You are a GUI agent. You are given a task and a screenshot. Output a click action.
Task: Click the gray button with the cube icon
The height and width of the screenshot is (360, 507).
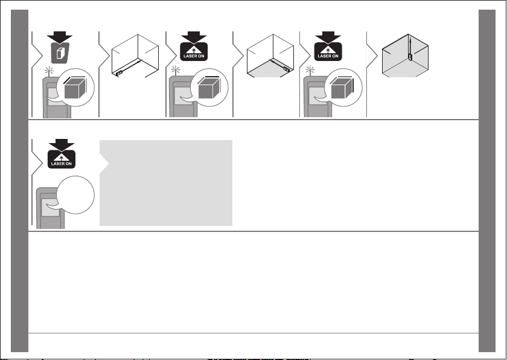click(x=60, y=53)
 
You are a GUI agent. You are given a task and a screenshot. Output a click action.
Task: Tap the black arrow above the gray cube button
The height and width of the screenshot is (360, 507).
click(x=60, y=37)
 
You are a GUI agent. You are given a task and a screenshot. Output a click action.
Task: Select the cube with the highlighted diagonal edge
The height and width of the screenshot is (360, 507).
click(x=75, y=88)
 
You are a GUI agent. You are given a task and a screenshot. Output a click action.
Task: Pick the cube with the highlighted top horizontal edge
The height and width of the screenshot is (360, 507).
click(x=209, y=88)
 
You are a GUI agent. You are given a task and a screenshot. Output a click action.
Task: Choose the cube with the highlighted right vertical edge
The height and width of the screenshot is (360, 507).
click(x=343, y=88)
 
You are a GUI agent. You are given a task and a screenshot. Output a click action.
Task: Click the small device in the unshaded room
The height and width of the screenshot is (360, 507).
click(x=119, y=72)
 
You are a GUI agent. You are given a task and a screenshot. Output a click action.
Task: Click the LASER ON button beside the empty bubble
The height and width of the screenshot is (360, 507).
click(x=62, y=160)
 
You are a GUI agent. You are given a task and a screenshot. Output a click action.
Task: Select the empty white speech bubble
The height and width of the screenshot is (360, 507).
click(x=75, y=194)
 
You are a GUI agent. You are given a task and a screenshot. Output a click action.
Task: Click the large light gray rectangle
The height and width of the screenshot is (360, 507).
click(x=166, y=183)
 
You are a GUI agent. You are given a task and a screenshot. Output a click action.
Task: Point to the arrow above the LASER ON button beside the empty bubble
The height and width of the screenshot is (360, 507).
click(x=62, y=144)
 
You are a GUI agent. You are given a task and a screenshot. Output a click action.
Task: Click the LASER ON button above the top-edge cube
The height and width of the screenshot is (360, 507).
click(x=194, y=52)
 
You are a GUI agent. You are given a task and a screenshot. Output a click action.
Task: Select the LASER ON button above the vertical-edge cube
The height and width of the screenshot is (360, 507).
click(x=328, y=52)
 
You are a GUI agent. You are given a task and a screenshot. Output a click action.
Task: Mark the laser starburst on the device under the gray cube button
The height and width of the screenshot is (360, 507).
click(x=49, y=71)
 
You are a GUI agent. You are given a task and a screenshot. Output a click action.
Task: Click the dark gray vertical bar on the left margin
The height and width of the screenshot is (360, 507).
click(x=20, y=181)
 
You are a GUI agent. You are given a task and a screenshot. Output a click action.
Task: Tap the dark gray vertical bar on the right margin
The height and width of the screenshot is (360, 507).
click(x=487, y=181)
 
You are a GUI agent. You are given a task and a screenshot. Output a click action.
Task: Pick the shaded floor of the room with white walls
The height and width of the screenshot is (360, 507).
click(x=270, y=69)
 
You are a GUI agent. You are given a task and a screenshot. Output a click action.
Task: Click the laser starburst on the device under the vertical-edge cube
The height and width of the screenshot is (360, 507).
click(x=310, y=70)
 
